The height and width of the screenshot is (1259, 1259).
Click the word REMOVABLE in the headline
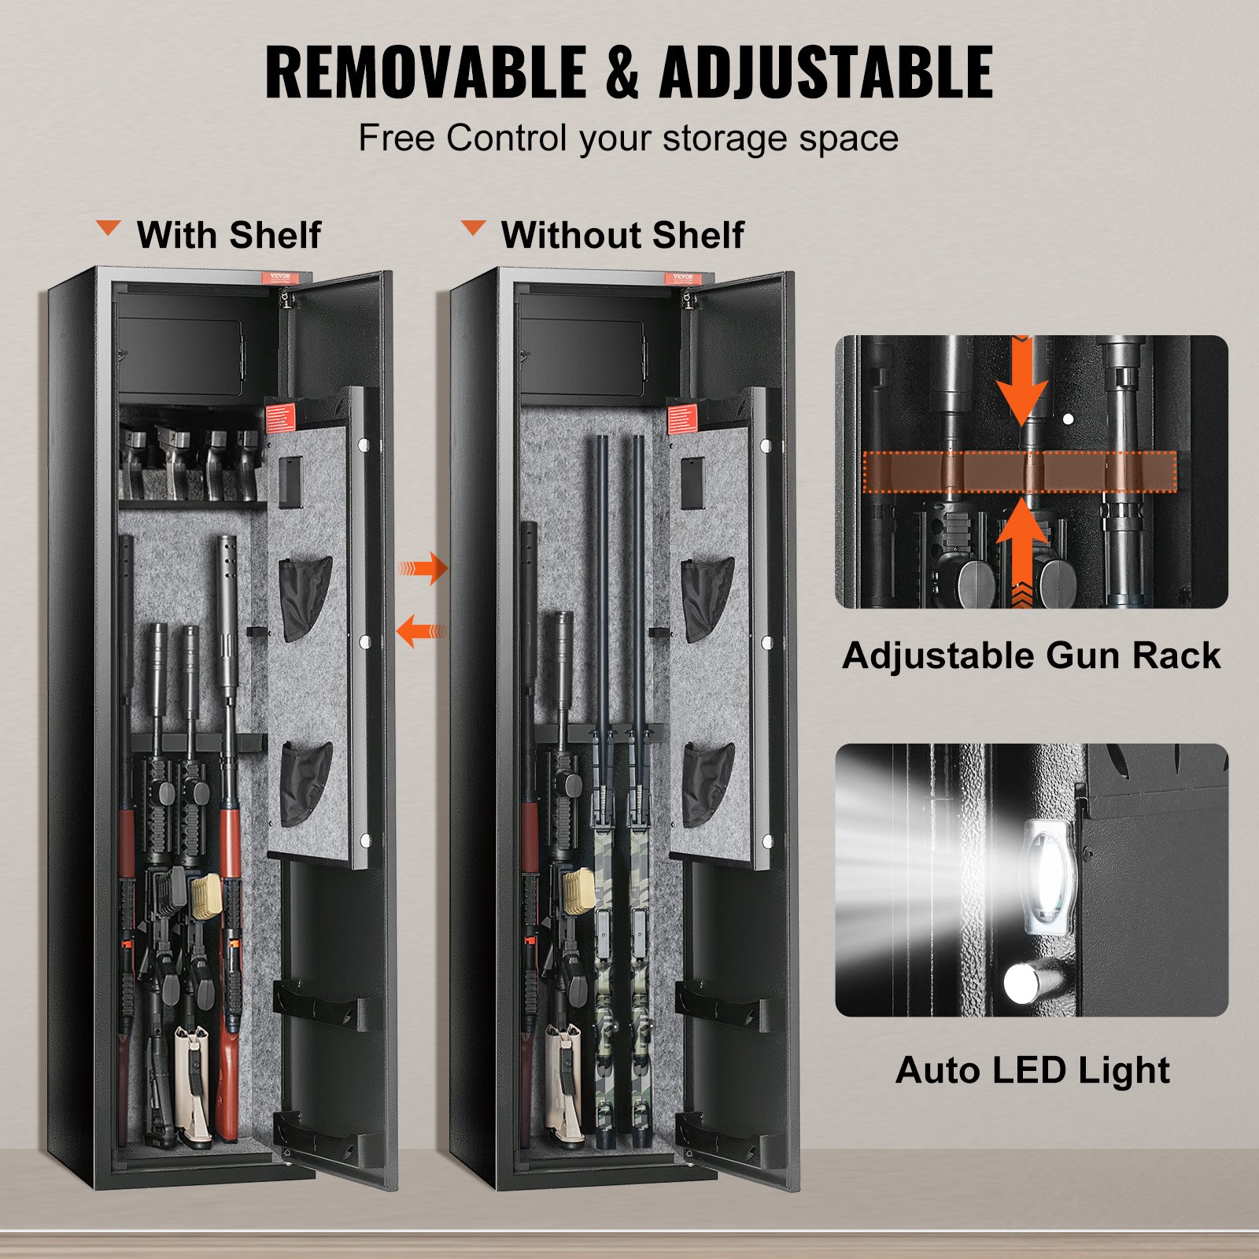[x=425, y=72]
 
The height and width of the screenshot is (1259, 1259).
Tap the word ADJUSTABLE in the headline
[x=826, y=72]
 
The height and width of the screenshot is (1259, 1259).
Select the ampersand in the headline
[x=622, y=72]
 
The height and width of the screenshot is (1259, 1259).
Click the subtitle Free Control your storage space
[x=628, y=138]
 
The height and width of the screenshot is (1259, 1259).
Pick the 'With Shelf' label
[x=228, y=234]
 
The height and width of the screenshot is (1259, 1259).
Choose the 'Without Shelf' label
[x=622, y=234]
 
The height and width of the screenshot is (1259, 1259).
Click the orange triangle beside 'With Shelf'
[x=109, y=228]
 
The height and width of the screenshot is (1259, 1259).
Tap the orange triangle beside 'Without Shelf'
[x=473, y=228]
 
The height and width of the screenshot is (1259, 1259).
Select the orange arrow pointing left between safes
[x=420, y=631]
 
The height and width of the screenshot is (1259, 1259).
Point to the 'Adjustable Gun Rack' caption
[x=1031, y=655]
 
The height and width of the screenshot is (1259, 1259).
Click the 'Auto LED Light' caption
[x=1032, y=1070]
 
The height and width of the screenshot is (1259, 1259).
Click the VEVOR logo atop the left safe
[x=281, y=278]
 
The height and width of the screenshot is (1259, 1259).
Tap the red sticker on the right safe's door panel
[x=682, y=417]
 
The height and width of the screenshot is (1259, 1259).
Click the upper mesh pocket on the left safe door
[x=305, y=596]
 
